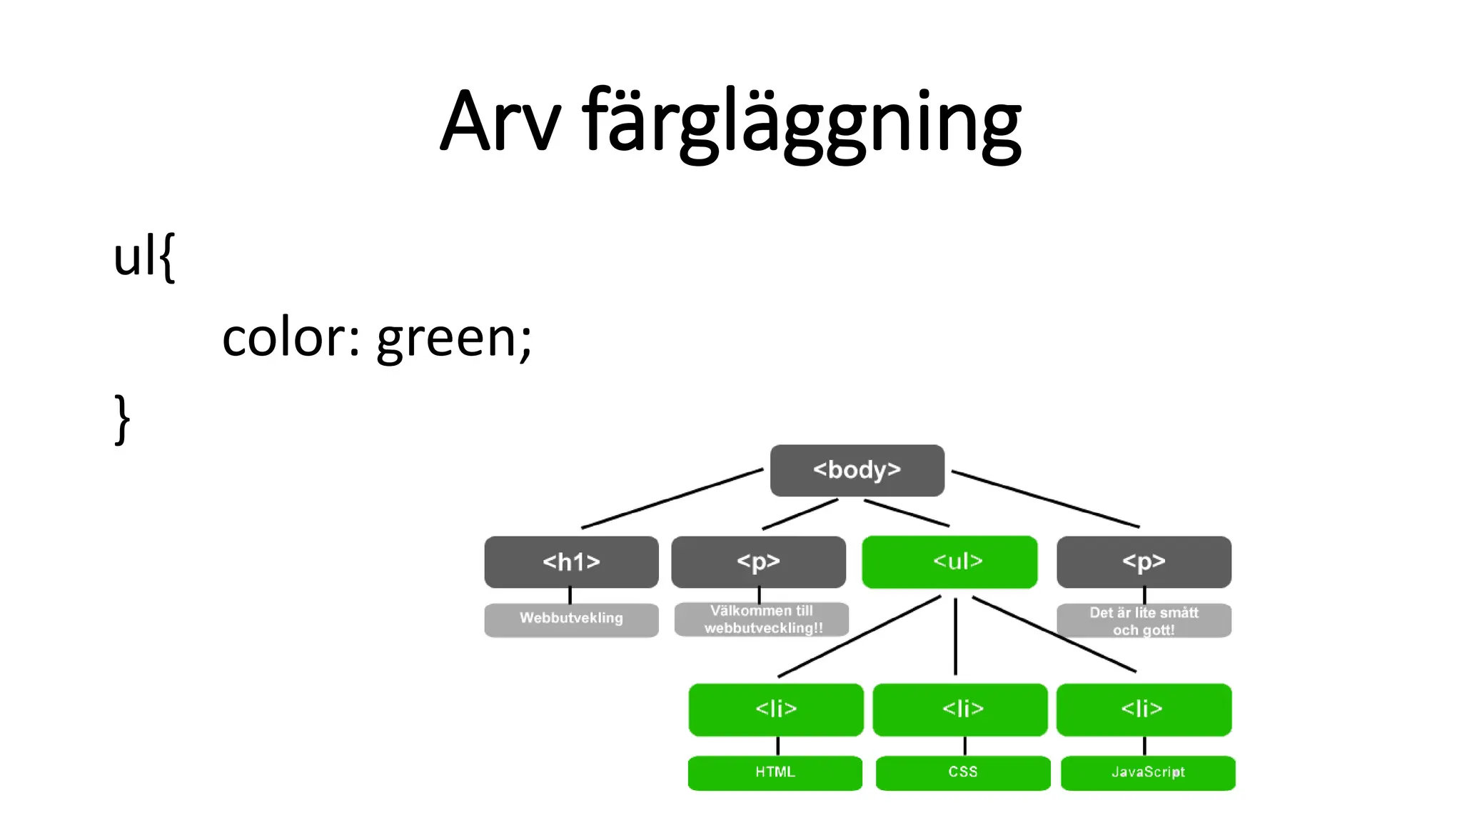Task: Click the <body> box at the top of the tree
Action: pyautogui.click(x=857, y=470)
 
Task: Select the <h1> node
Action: pyautogui.click(x=571, y=562)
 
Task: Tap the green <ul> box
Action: pyautogui.click(x=949, y=562)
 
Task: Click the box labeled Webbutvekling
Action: pyautogui.click(x=571, y=619)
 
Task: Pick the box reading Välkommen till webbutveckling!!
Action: pyautogui.click(x=762, y=619)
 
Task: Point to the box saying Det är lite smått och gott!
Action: pyautogui.click(x=1144, y=621)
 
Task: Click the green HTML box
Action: pyautogui.click(x=775, y=772)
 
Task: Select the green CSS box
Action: pyautogui.click(x=963, y=772)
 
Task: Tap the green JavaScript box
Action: pyautogui.click(x=1148, y=772)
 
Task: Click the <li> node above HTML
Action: pyautogui.click(x=776, y=709)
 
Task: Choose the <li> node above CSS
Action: pyautogui.click(x=960, y=709)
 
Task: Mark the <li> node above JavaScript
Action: pyautogui.click(x=1144, y=709)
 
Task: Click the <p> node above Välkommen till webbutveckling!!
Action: pyautogui.click(x=758, y=562)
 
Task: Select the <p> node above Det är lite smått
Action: pyautogui.click(x=1144, y=562)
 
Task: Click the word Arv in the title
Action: pyautogui.click(x=500, y=121)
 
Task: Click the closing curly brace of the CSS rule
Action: pyautogui.click(x=122, y=420)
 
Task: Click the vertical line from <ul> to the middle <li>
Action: pyautogui.click(x=955, y=636)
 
